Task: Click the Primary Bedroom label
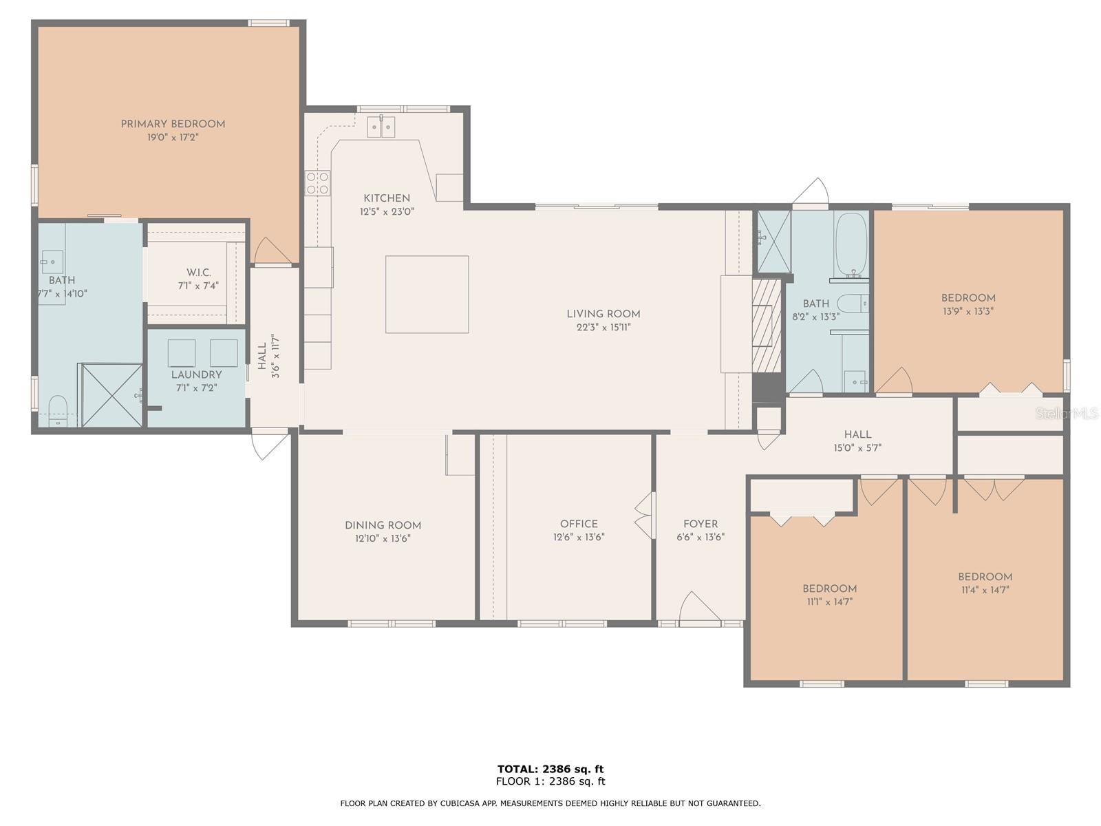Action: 173,124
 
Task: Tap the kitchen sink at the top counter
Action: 381,127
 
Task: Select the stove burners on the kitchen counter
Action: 317,182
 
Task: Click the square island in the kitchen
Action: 427,295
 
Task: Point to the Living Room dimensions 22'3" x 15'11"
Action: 603,328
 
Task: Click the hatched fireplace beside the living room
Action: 767,326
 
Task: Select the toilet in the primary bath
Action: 58,410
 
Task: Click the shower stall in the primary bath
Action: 111,396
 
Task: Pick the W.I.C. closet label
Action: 199,273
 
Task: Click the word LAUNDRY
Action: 196,374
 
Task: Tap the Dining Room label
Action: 383,525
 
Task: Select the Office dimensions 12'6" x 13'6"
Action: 579,537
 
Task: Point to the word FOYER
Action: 701,524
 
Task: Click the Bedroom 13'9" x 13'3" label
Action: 968,304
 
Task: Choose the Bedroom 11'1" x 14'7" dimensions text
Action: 830,602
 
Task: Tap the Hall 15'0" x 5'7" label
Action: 857,441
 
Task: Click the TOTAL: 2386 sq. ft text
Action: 550,769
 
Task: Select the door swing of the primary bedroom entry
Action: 272,250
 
